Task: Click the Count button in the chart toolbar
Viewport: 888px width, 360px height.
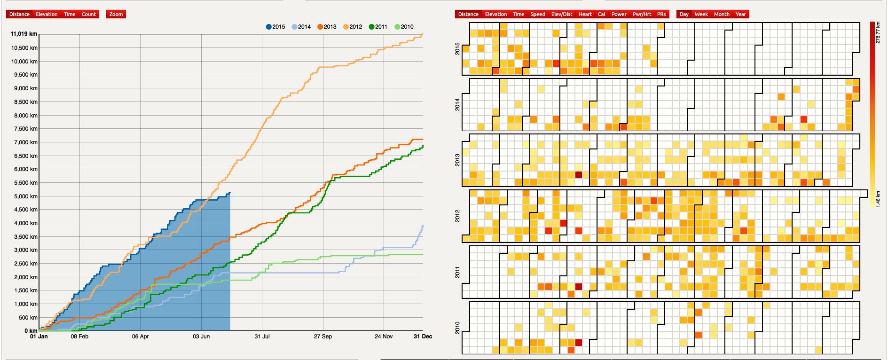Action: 88,14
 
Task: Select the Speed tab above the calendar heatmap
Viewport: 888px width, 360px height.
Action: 537,14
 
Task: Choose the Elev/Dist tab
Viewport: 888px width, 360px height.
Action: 562,14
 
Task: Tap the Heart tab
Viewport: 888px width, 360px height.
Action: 585,14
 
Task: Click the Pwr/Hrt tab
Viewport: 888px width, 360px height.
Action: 642,14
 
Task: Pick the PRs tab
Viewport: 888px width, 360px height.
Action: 661,14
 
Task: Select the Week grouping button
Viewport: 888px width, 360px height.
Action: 701,14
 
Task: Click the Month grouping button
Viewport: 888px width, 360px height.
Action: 722,14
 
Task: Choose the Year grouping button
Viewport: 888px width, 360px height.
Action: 740,14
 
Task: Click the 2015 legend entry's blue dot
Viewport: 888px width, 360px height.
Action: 269,27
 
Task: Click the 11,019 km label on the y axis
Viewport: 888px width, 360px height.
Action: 24,34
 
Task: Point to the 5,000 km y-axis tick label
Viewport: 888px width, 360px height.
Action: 27,196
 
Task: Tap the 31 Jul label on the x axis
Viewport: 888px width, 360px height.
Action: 262,337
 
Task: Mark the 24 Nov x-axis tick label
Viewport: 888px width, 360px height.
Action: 384,337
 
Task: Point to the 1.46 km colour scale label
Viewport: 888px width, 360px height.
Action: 878,199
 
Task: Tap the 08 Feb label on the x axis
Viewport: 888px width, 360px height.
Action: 79,337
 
